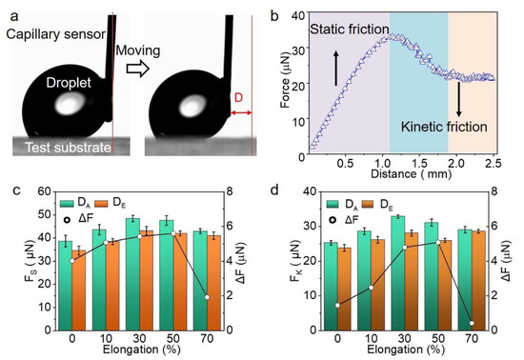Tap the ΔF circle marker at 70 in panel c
pyautogui.click(x=208, y=297)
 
